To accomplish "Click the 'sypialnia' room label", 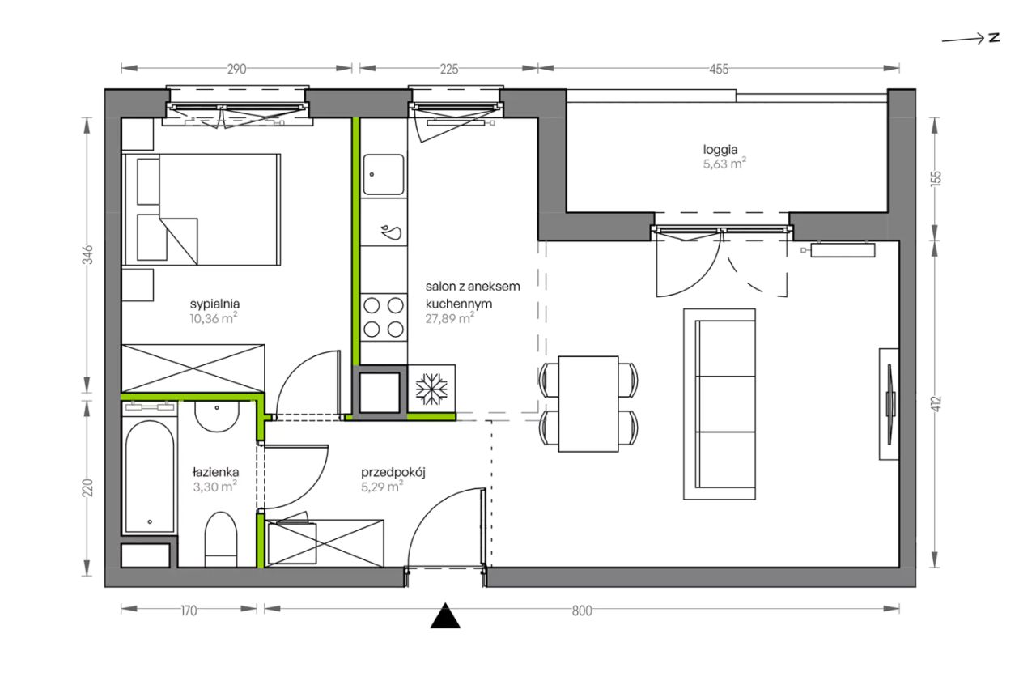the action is click(214, 304).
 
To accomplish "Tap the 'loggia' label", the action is click(720, 150).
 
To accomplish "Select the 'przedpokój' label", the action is click(393, 473).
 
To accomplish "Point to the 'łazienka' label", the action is click(215, 472).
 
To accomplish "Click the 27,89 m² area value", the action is click(449, 318).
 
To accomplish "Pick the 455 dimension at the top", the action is click(719, 69).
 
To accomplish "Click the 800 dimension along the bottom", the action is click(582, 611).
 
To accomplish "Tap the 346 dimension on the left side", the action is click(87, 255).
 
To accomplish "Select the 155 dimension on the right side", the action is click(935, 178).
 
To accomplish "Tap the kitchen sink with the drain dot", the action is click(384, 175).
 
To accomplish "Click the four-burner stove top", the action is click(384, 317).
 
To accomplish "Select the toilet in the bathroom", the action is click(221, 539).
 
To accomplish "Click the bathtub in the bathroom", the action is click(150, 477).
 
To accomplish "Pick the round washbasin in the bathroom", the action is click(217, 416).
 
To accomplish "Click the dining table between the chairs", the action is click(588, 403).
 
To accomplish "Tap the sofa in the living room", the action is click(720, 404).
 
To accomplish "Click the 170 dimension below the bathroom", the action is click(189, 611).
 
